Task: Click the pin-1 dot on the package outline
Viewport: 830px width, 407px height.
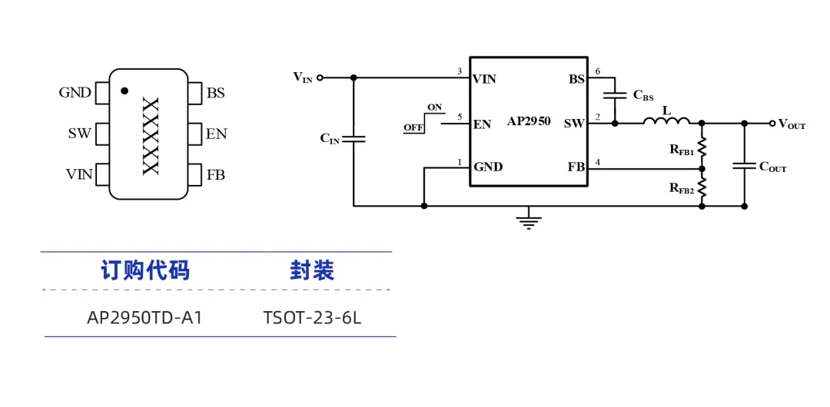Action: pyautogui.click(x=124, y=91)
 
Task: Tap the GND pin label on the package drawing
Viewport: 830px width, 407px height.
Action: pyautogui.click(x=75, y=93)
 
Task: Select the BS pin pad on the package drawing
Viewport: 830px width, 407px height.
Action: pyautogui.click(x=194, y=93)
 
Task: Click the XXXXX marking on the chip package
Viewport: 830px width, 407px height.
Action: pyautogui.click(x=151, y=136)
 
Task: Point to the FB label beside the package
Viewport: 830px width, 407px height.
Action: pyautogui.click(x=216, y=174)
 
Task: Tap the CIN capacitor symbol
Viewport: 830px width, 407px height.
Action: pyautogui.click(x=354, y=139)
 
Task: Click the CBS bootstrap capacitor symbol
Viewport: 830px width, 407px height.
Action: pyautogui.click(x=615, y=95)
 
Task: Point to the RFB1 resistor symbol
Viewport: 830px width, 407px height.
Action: pyautogui.click(x=702, y=147)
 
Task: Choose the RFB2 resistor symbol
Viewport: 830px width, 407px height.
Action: pyautogui.click(x=702, y=187)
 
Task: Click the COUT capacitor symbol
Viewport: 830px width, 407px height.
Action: pyautogui.click(x=744, y=166)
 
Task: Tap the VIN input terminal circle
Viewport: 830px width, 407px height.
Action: pyautogui.click(x=320, y=78)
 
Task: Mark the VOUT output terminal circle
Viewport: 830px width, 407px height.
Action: pyautogui.click(x=772, y=124)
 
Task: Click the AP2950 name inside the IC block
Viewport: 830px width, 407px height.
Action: pyautogui.click(x=529, y=121)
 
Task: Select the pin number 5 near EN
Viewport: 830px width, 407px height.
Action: pyautogui.click(x=460, y=117)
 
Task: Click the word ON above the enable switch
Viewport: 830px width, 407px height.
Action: pyautogui.click(x=434, y=108)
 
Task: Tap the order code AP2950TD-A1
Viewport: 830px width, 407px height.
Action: pyautogui.click(x=144, y=318)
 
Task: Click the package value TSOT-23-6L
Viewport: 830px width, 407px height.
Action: pyautogui.click(x=312, y=318)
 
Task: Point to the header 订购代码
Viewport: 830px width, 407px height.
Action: pyautogui.click(x=145, y=270)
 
